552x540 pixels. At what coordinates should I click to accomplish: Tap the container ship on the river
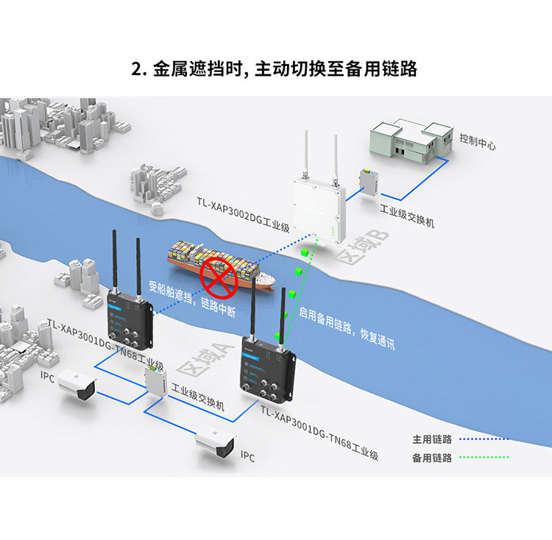pyautogui.click(x=221, y=266)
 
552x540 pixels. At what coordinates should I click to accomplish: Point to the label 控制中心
pyautogui.click(x=477, y=141)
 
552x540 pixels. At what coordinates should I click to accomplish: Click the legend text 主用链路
pyautogui.click(x=432, y=439)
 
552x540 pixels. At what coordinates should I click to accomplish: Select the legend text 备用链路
pyautogui.click(x=432, y=458)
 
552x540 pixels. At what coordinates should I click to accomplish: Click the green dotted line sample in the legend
pyautogui.click(x=484, y=458)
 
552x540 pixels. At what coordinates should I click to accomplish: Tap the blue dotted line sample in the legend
pyautogui.click(x=484, y=439)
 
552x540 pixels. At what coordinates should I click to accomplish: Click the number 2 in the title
pyautogui.click(x=136, y=69)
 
